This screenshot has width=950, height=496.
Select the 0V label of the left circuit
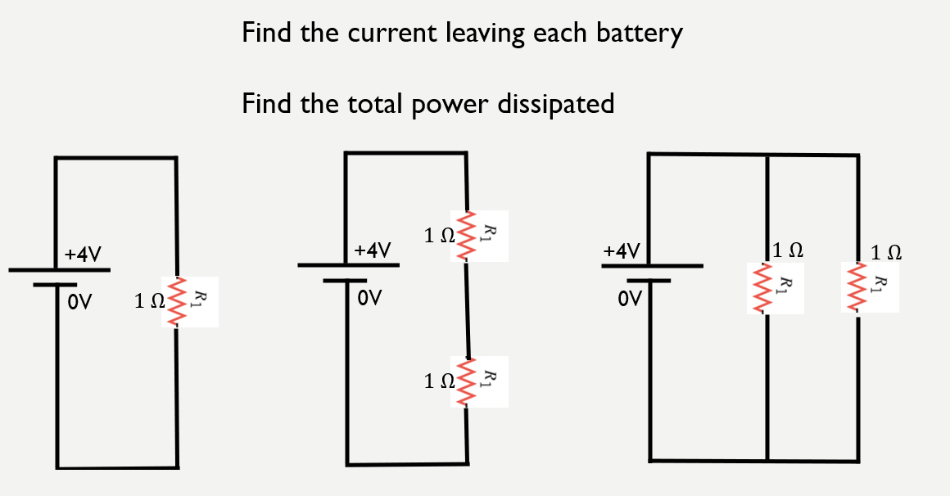point(79,303)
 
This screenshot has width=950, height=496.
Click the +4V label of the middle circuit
point(373,250)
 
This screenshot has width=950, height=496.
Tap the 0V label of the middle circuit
point(369,298)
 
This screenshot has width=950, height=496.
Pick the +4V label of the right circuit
point(622,250)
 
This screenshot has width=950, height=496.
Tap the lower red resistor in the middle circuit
point(466,381)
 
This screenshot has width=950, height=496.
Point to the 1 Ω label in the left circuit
point(149,302)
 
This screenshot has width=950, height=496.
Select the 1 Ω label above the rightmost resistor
point(887,252)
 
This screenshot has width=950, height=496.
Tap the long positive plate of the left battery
point(58,269)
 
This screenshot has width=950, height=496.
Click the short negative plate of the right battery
point(649,281)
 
